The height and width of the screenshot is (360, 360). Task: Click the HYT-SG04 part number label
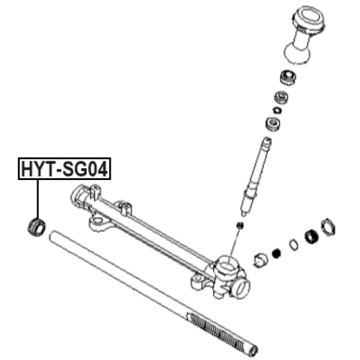[64, 169]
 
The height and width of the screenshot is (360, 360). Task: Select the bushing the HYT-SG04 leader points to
[36, 228]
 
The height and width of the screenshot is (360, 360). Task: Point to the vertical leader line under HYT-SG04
[37, 199]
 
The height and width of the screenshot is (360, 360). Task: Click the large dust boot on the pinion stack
[303, 35]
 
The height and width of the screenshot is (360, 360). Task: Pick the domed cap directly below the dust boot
[288, 77]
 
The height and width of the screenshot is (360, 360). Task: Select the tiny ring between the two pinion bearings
[277, 110]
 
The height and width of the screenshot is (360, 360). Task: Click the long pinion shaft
[255, 177]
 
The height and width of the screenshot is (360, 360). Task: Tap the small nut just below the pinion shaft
[240, 225]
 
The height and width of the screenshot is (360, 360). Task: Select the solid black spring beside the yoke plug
[276, 253]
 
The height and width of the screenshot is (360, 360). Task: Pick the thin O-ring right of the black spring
[294, 245]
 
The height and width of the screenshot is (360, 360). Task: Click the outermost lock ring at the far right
[328, 227]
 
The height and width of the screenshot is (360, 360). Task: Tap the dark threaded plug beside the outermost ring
[311, 237]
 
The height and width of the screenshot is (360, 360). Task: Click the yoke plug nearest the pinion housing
[261, 261]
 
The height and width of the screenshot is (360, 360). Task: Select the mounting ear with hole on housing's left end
[98, 223]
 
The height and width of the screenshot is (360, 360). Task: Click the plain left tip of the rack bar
[52, 235]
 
